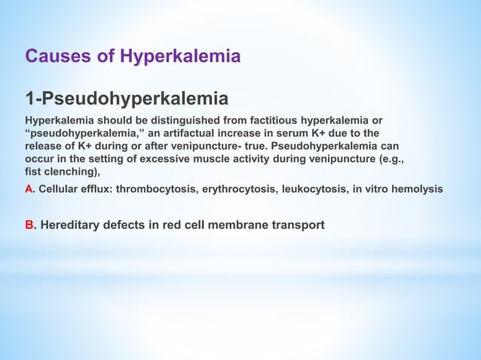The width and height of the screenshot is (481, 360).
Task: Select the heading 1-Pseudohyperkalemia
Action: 127,99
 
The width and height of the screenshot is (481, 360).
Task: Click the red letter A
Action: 29,189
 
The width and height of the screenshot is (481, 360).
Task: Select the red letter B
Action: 29,224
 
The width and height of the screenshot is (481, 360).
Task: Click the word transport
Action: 298,224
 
